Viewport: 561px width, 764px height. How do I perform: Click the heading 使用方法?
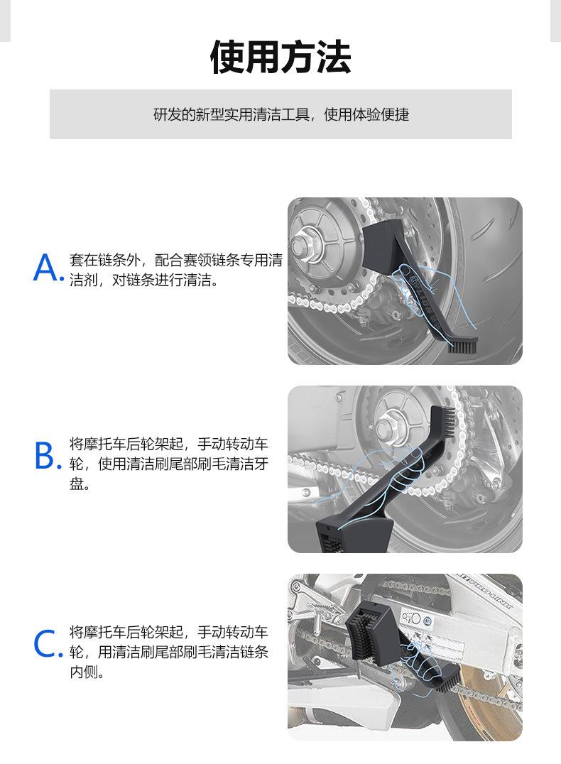[280, 57]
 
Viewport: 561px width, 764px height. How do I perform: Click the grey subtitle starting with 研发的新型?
[280, 114]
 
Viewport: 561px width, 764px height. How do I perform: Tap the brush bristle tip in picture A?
[462, 347]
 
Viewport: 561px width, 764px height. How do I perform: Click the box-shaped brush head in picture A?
[385, 240]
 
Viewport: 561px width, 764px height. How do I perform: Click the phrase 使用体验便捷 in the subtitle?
[366, 114]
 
